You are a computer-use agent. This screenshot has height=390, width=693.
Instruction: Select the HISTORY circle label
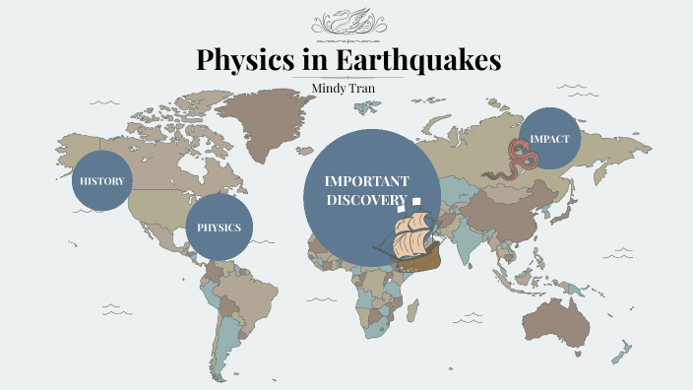pos(101,180)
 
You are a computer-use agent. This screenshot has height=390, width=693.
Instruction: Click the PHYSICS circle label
pos(219,227)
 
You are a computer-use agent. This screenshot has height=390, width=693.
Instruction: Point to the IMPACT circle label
pos(549,138)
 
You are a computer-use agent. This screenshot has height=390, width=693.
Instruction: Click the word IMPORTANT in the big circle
pos(366,182)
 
